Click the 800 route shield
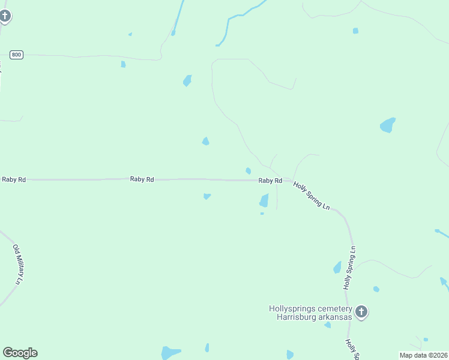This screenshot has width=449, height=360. pyautogui.click(x=16, y=55)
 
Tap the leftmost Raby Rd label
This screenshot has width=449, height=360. pyautogui.click(x=14, y=179)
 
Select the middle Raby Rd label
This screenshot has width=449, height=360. pyautogui.click(x=142, y=179)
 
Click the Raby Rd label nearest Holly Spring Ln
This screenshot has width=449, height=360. pyautogui.click(x=270, y=181)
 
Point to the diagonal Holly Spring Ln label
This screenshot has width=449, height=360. pyautogui.click(x=312, y=196)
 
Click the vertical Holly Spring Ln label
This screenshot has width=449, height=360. pyautogui.click(x=350, y=268)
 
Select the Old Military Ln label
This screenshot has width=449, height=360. pyautogui.click(x=19, y=264)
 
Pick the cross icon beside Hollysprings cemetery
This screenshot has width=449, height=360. pyautogui.click(x=361, y=311)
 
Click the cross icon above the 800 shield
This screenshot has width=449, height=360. pyautogui.click(x=5, y=16)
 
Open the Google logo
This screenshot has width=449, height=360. pyautogui.click(x=20, y=353)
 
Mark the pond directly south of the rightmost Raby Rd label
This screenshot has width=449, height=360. pyautogui.click(x=264, y=201)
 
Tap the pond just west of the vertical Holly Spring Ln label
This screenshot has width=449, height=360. pyautogui.click(x=337, y=267)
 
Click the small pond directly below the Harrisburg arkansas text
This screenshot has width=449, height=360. pyautogui.click(x=328, y=325)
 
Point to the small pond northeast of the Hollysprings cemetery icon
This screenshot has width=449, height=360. pyautogui.click(x=376, y=289)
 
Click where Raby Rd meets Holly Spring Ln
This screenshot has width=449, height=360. pyautogui.click(x=289, y=180)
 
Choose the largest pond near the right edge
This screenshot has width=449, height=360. pyautogui.click(x=388, y=125)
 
